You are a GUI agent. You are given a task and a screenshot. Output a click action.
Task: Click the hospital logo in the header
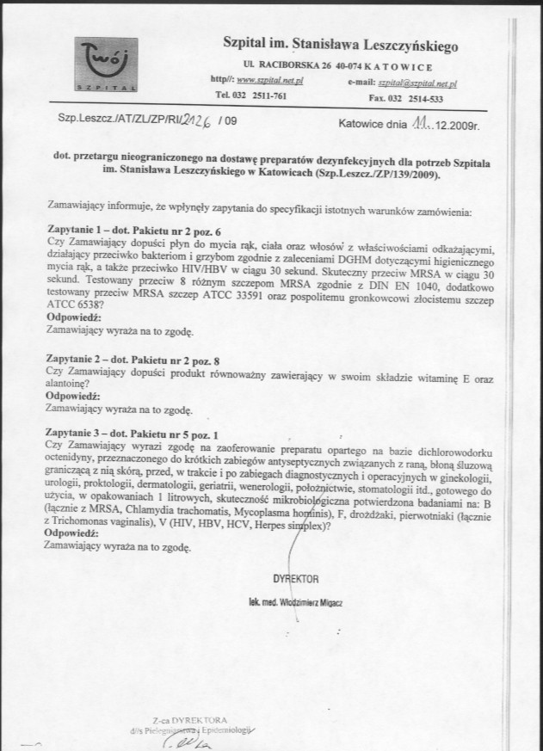pyautogui.click(x=106, y=64)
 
